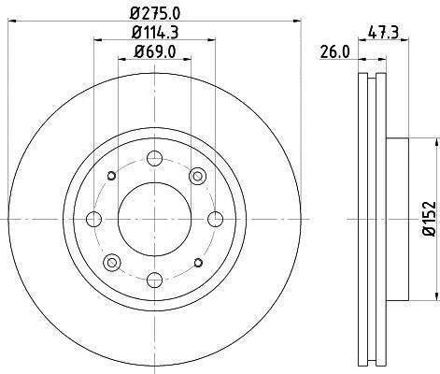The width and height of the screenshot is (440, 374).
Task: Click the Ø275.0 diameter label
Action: point(155,13)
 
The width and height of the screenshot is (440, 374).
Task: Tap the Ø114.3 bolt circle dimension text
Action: point(155,33)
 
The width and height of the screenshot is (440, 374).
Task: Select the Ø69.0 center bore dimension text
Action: point(155,51)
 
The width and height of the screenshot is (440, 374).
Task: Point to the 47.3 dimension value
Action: point(383,33)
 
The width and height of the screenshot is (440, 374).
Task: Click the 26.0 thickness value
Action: point(335,51)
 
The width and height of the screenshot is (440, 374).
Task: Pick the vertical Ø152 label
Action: point(430,219)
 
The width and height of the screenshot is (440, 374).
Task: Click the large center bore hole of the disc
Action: point(154,219)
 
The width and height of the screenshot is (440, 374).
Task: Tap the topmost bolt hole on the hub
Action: point(154,158)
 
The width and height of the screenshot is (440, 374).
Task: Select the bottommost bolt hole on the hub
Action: point(154,280)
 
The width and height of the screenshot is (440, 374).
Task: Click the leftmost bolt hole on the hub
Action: point(93,219)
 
